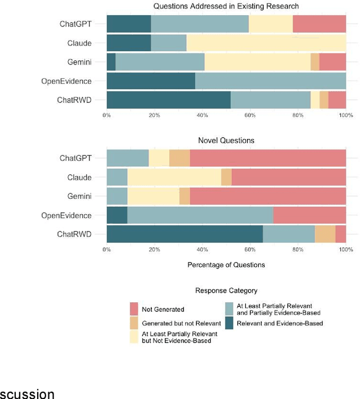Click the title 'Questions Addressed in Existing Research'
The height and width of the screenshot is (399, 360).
(226, 6)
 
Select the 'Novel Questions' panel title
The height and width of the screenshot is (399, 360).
(226, 140)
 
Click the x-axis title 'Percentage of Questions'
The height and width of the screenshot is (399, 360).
(226, 264)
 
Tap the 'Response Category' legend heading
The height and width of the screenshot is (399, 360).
(226, 291)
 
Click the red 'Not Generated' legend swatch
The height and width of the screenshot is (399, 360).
(134, 309)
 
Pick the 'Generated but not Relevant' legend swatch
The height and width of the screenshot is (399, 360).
(134, 323)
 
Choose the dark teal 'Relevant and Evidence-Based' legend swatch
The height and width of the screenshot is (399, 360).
(229, 323)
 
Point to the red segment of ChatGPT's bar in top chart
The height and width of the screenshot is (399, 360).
(319, 24)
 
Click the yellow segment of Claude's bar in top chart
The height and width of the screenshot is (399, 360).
(266, 43)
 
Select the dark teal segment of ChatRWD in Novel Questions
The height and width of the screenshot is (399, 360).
(184, 234)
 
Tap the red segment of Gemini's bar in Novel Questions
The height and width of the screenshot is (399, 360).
(268, 196)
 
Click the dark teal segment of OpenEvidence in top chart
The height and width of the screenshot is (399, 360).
(151, 80)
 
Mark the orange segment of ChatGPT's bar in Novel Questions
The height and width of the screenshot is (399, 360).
(179, 158)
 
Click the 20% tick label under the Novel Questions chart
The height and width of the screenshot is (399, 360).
(154, 249)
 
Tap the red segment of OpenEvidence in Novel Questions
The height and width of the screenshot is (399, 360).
(309, 215)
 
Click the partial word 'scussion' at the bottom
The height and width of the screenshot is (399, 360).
(28, 393)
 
